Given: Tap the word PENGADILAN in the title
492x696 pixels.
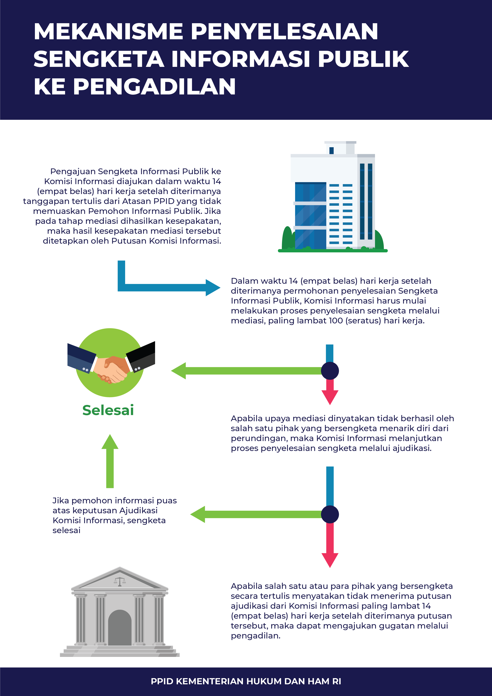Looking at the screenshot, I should click(x=154, y=87).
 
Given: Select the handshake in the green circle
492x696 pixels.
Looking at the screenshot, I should click(x=111, y=368).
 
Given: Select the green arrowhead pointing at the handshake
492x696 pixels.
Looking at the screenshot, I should click(x=179, y=371).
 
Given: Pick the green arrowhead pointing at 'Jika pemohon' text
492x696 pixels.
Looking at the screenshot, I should click(x=198, y=514).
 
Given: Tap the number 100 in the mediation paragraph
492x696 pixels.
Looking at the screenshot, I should click(x=335, y=321).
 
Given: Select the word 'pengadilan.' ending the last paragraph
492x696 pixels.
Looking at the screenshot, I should click(x=255, y=636).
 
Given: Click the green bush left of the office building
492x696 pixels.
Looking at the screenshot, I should click(x=287, y=238).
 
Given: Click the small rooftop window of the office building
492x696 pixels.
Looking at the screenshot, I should click(x=331, y=150).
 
